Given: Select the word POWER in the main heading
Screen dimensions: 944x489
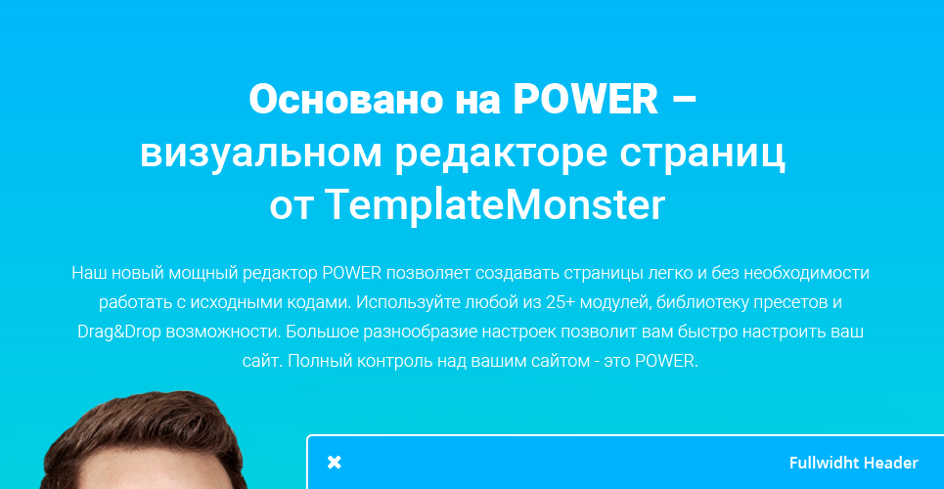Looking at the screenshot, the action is (x=585, y=99).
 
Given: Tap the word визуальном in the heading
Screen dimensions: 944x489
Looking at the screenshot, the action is (x=260, y=155).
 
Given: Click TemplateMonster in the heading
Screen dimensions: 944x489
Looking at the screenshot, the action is (x=495, y=204).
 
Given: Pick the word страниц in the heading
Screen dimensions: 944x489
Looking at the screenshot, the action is (x=702, y=155).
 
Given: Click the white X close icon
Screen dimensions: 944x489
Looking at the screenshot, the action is (x=335, y=463).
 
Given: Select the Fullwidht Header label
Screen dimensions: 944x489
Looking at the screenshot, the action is (x=854, y=464).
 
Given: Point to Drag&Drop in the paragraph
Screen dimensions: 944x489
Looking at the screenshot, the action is (x=119, y=332).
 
